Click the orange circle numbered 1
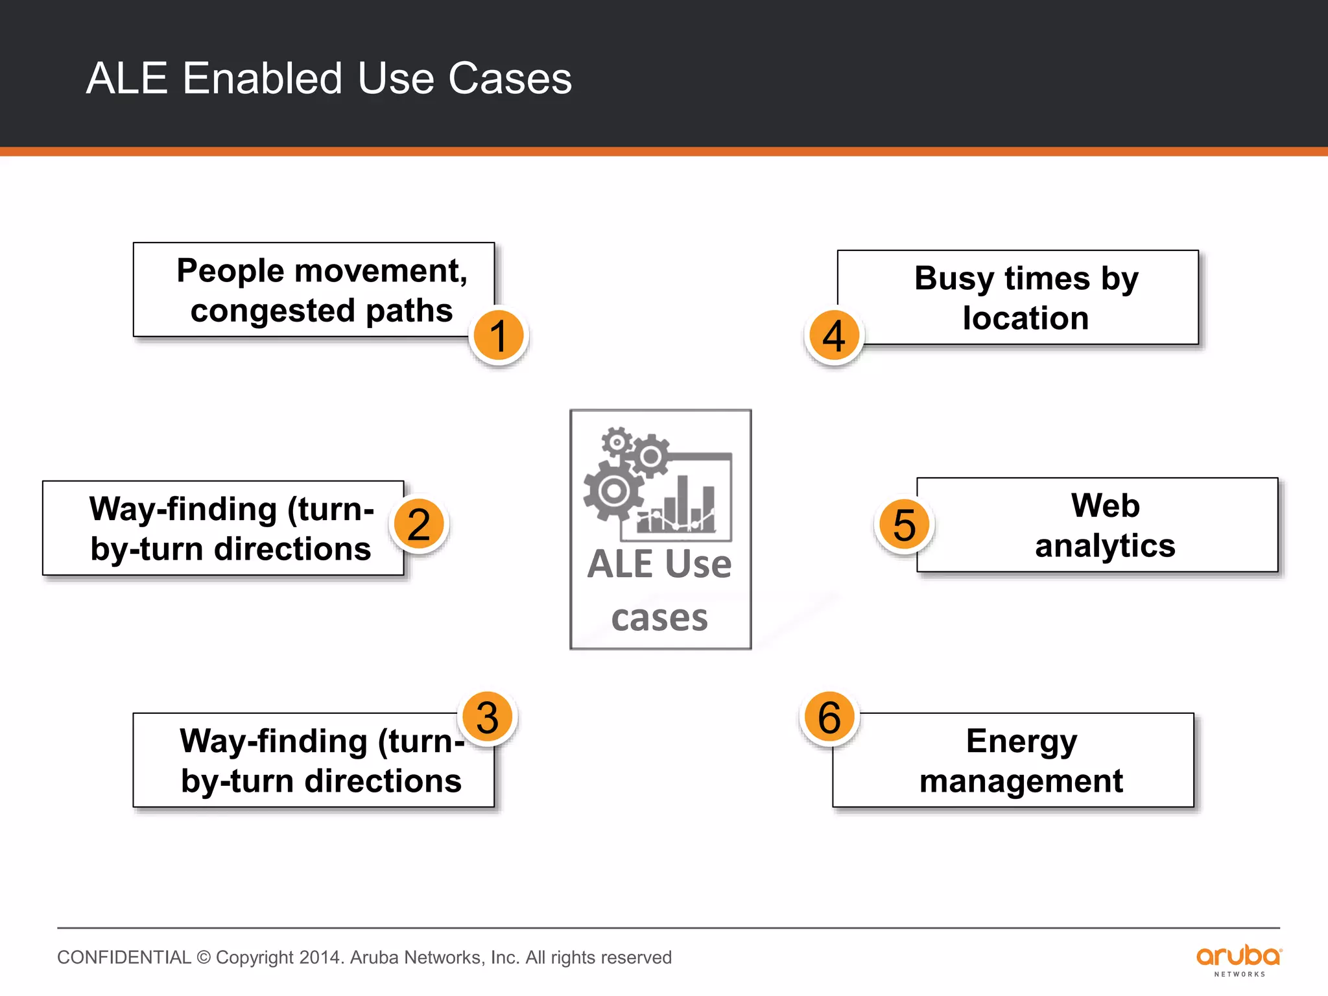point(498,335)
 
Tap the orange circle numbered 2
point(419,524)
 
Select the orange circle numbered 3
point(488,717)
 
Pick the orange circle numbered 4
point(834,335)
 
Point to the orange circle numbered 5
point(904,524)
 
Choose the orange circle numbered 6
point(829,717)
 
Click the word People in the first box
point(230,270)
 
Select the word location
point(1025,318)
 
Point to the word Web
point(1105,506)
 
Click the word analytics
point(1105,546)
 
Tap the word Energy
point(1021,741)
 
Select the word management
point(1021,781)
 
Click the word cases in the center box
point(659,617)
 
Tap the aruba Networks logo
point(1239,960)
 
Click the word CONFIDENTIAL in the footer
point(124,958)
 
